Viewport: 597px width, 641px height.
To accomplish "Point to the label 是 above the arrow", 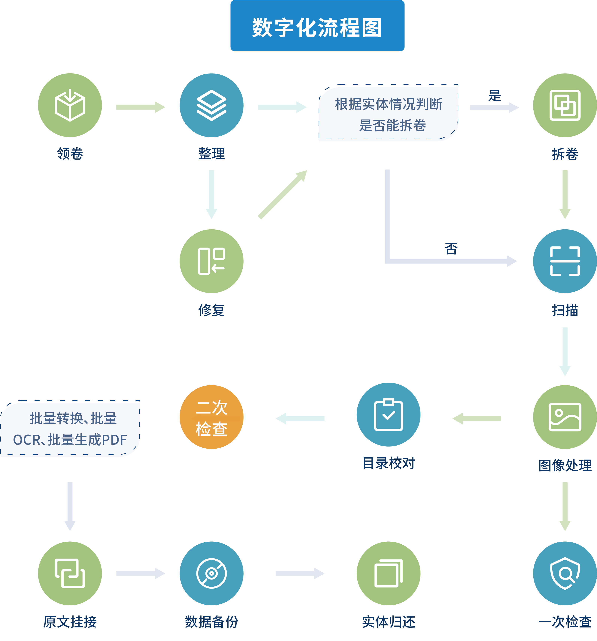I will coord(494,96).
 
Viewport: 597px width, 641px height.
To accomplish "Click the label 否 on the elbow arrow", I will coord(451,248).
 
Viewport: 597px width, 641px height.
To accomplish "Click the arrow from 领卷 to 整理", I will coord(140,107).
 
